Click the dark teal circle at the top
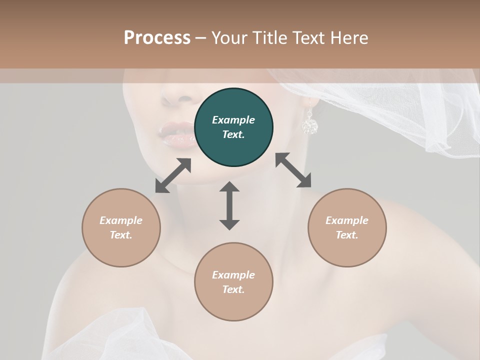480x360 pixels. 233,127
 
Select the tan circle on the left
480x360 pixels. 121,227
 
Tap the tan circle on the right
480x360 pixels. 347,227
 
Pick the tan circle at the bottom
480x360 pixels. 233,282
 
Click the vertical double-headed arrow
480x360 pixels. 229,205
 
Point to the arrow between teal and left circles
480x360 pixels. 173,175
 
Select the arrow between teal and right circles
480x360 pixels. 293,170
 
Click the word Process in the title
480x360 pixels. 157,38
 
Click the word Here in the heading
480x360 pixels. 348,38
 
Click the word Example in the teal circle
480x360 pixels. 233,120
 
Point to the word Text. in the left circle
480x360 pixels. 121,235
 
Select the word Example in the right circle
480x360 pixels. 347,220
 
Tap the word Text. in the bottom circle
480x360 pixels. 233,289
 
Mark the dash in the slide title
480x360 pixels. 200,38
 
